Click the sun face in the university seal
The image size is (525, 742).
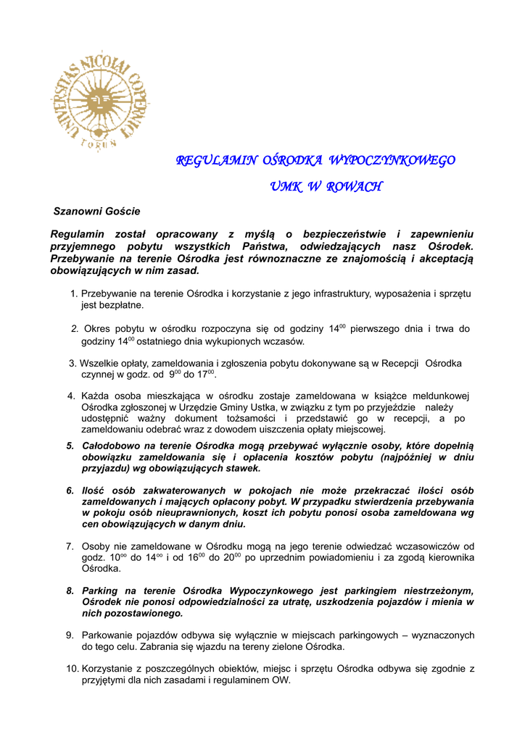[x=99, y=97]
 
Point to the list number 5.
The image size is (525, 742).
[x=70, y=446]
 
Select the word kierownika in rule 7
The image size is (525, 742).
[x=450, y=557]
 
